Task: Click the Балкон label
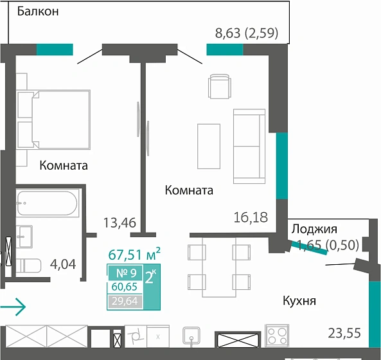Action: point(38,12)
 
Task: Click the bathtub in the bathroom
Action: point(47,204)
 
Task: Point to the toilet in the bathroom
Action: point(28,264)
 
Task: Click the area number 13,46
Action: point(120,223)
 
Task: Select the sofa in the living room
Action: point(249,146)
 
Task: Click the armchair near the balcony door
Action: point(218,86)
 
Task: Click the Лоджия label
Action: point(314,229)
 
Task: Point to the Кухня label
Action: point(300,300)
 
